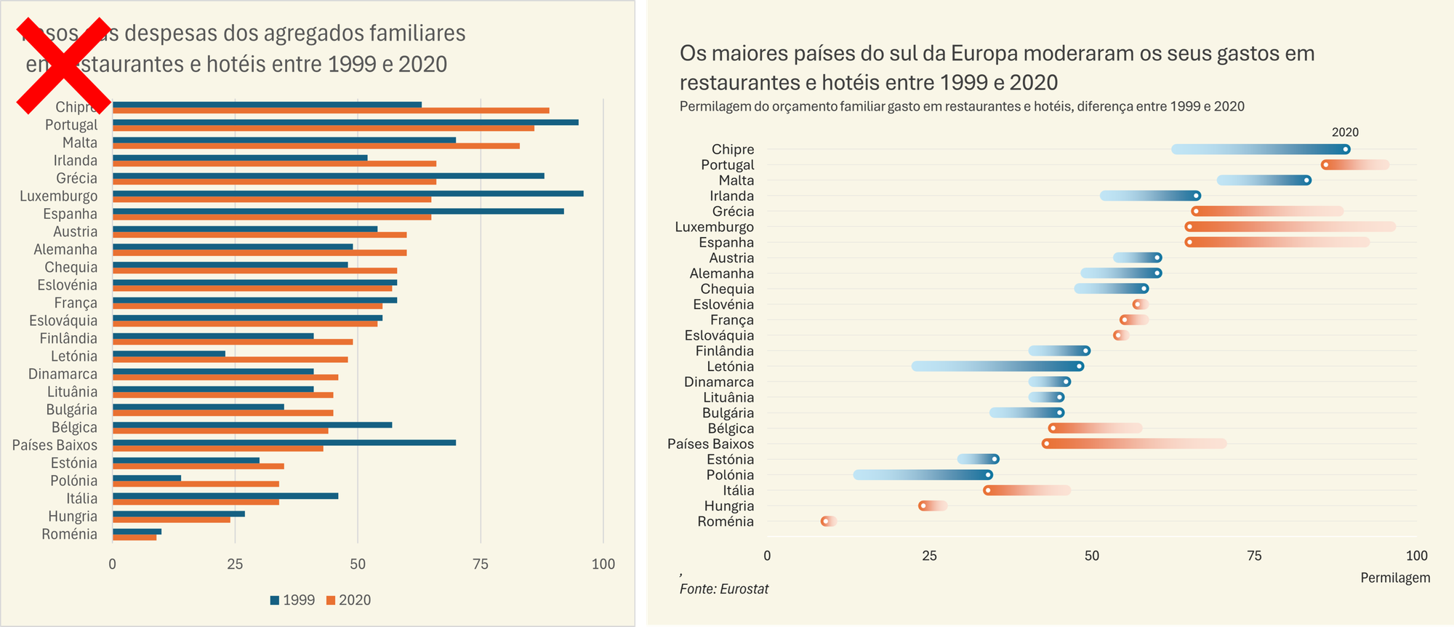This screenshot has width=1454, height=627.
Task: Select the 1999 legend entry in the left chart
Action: click(x=292, y=600)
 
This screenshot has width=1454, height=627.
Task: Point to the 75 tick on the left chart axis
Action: click(x=480, y=564)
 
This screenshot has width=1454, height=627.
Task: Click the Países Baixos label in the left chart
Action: click(x=55, y=445)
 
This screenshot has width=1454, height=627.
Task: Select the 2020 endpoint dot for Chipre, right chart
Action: click(x=1346, y=149)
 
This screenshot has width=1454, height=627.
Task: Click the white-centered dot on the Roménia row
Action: click(x=825, y=522)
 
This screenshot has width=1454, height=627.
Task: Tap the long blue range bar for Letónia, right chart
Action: click(x=996, y=366)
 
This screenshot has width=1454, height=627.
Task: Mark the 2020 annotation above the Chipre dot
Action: click(x=1345, y=132)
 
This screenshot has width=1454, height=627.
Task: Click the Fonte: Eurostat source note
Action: click(x=724, y=589)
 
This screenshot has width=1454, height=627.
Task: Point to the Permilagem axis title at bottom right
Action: click(x=1395, y=578)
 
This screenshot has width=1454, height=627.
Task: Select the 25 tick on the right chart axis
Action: click(x=929, y=556)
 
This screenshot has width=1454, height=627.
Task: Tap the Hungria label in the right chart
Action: click(x=729, y=506)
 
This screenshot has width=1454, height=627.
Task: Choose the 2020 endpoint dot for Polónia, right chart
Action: click(x=988, y=475)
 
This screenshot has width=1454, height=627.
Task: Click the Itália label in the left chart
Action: click(x=81, y=498)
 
